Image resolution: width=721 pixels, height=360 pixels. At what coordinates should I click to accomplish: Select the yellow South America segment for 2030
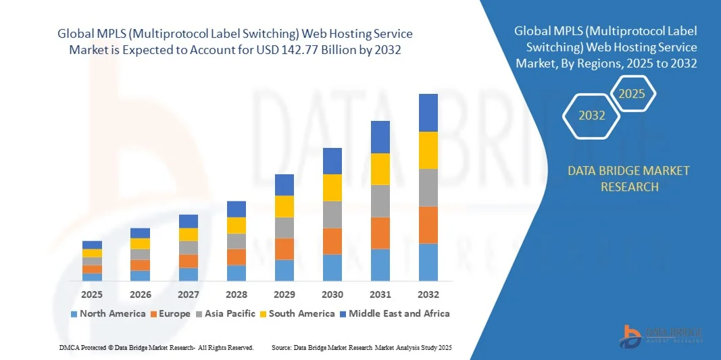coord(332,188)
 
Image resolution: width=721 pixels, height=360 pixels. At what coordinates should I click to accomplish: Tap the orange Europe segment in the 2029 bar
coord(284,249)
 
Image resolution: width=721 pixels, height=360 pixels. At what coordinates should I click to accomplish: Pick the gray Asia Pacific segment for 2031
coord(380,201)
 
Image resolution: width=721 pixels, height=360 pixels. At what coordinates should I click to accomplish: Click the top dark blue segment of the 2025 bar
coord(92,245)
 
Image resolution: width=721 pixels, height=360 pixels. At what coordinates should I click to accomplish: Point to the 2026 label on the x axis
coord(140,294)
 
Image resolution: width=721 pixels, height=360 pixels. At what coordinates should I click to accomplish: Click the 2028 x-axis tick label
coord(237,294)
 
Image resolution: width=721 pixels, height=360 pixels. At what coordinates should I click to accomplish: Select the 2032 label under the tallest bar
coord(428,294)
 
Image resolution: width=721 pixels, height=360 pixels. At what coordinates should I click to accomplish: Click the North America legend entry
coord(107,313)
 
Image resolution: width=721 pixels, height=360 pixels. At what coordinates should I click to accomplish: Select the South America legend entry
coord(301,313)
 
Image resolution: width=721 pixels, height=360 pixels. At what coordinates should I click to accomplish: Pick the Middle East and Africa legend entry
coord(395,313)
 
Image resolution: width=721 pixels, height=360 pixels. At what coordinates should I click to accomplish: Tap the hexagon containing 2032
coord(592,115)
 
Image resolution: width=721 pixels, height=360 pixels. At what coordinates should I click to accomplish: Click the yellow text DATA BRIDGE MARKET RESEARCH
coord(629,178)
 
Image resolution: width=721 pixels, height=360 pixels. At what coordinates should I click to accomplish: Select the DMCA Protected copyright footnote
coord(156,347)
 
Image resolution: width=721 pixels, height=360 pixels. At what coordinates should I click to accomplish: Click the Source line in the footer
coord(362,347)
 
